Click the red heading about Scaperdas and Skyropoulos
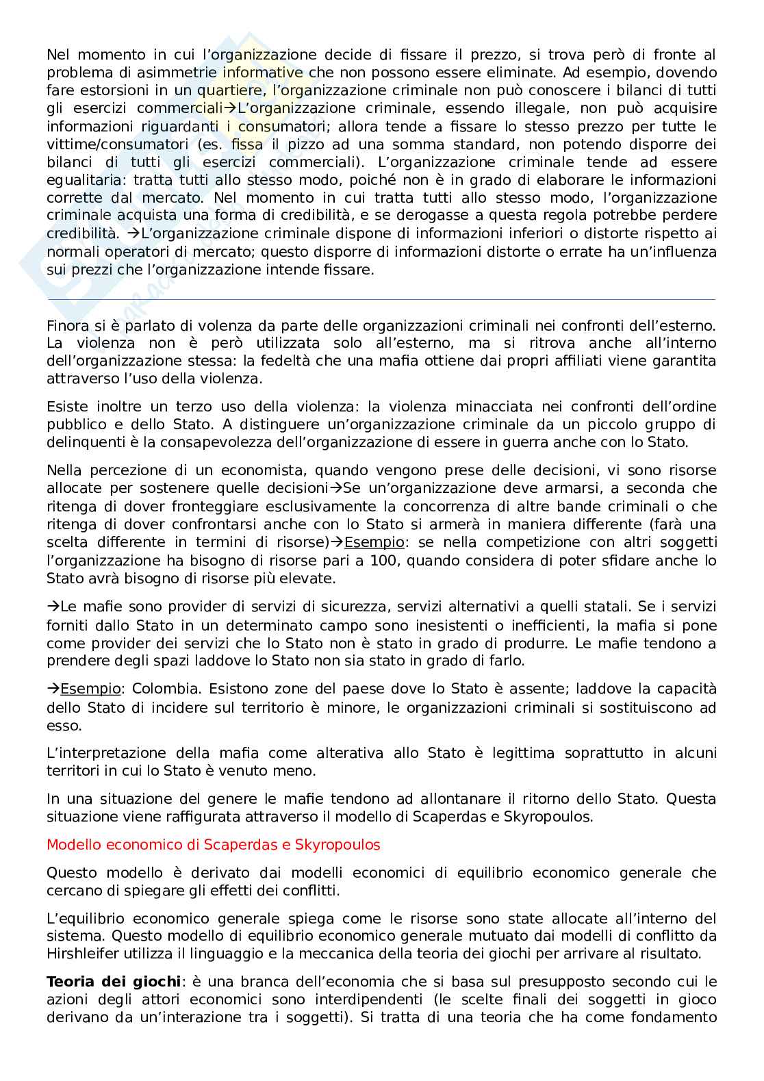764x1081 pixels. pos(213,844)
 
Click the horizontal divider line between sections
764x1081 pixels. pos(381,299)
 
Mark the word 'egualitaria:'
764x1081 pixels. pos(88,180)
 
